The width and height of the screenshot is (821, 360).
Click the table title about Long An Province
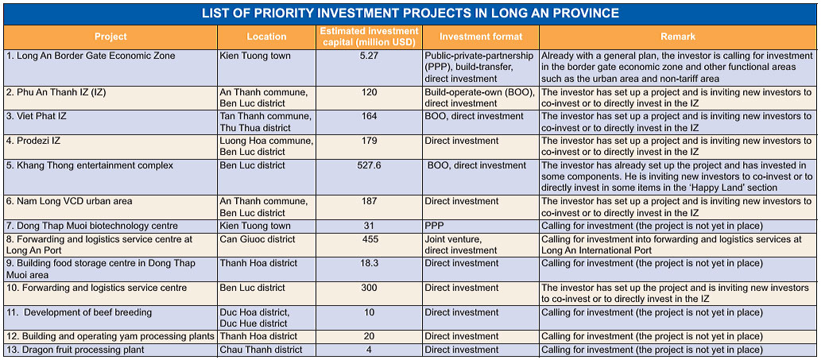(410, 14)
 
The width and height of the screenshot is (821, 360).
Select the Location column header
(266, 37)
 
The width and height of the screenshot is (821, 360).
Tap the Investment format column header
(481, 37)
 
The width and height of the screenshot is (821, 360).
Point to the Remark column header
(678, 37)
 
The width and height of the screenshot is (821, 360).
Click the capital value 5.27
(370, 56)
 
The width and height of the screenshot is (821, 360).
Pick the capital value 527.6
(370, 166)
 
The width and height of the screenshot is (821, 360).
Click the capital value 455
(370, 239)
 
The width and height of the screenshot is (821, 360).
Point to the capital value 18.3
(370, 263)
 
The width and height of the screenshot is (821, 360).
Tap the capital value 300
(370, 288)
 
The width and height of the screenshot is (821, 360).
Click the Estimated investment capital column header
(370, 37)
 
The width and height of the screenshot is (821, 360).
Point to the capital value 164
(370, 117)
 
